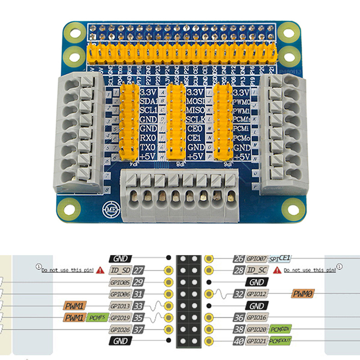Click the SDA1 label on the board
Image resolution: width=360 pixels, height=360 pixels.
click(148, 101)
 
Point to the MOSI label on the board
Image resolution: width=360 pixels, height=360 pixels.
click(195, 101)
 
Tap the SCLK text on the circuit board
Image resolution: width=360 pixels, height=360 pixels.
click(195, 119)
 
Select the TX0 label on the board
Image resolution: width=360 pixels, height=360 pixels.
click(147, 147)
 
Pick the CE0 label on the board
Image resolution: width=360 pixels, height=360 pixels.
click(194, 129)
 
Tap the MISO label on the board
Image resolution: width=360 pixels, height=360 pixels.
click(195, 110)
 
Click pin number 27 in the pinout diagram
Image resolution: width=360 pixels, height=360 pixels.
click(139, 270)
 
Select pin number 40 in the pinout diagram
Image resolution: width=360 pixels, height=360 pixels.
click(238, 341)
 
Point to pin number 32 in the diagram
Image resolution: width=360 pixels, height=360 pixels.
click(238, 294)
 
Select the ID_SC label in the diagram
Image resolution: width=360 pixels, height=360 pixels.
click(257, 270)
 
